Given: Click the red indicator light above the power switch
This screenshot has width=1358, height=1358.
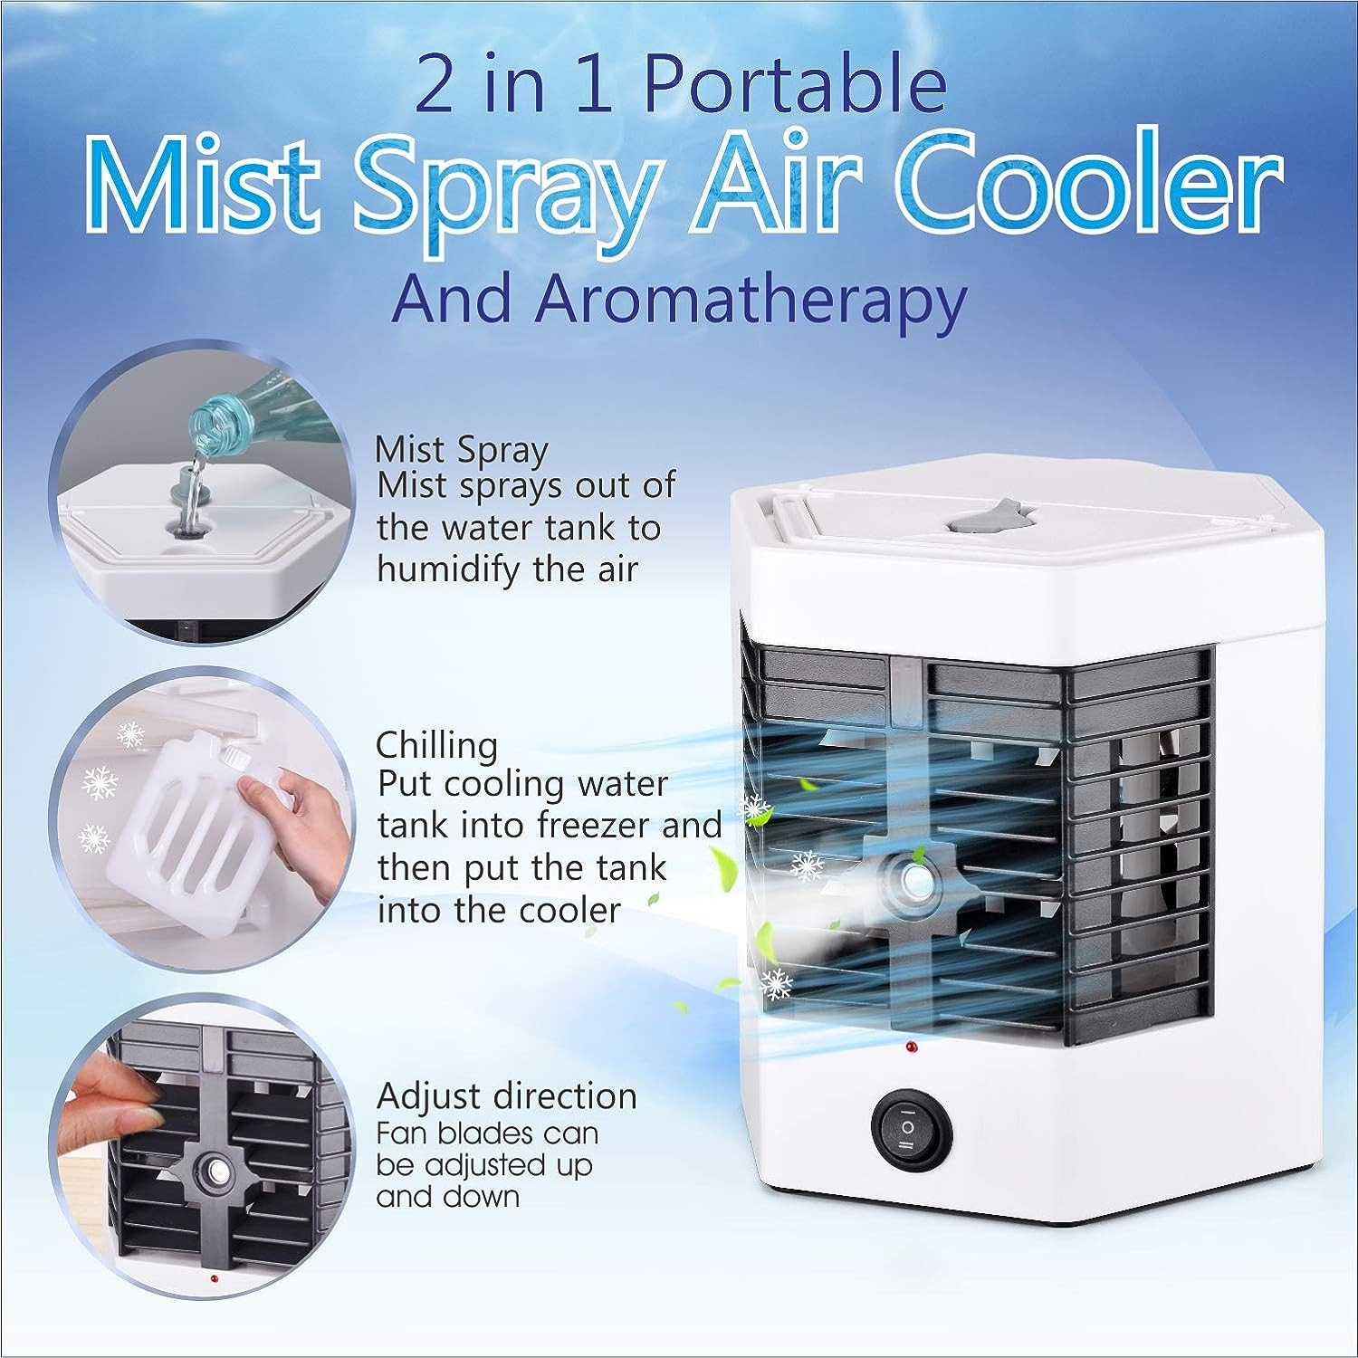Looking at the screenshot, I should click(x=908, y=1047).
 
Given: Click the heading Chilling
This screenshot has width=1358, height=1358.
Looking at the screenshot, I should click(x=436, y=745).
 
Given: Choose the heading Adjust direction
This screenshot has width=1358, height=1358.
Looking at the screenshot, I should click(x=506, y=1096).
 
